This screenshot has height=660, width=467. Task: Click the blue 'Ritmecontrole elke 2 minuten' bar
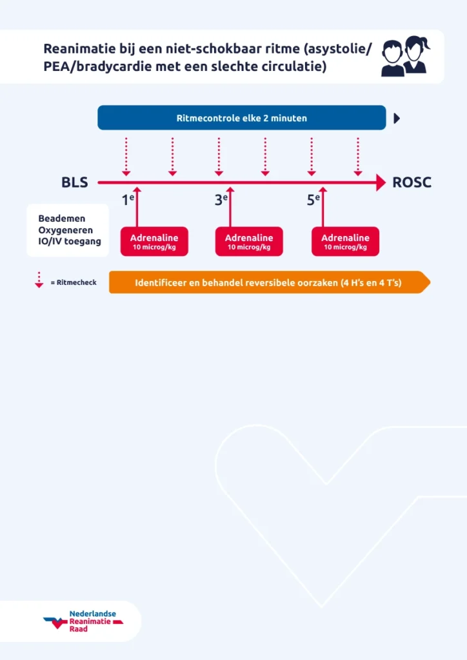pyautogui.click(x=242, y=118)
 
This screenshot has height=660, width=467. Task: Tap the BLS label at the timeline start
pyautogui.click(x=75, y=183)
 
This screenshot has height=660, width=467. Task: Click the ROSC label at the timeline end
pyautogui.click(x=412, y=183)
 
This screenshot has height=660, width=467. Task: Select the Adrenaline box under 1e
pyautogui.click(x=154, y=242)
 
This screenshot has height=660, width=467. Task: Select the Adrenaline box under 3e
pyautogui.click(x=248, y=242)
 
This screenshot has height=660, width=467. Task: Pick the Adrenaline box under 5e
pyautogui.click(x=345, y=242)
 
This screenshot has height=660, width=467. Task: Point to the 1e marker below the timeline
pyautogui.click(x=128, y=200)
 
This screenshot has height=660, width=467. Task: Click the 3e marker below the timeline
pyautogui.click(x=221, y=200)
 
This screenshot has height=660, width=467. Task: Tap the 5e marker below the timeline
pyautogui.click(x=313, y=200)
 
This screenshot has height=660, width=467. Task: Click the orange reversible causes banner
pyautogui.click(x=268, y=282)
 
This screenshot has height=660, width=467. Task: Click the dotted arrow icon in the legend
pyautogui.click(x=39, y=280)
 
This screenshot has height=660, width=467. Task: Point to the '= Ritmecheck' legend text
pyautogui.click(x=73, y=282)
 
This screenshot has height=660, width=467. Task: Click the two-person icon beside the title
pyautogui.click(x=405, y=57)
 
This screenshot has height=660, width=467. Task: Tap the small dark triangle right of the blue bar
pyautogui.click(x=397, y=118)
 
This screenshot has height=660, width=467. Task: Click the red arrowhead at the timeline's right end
pyautogui.click(x=380, y=183)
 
